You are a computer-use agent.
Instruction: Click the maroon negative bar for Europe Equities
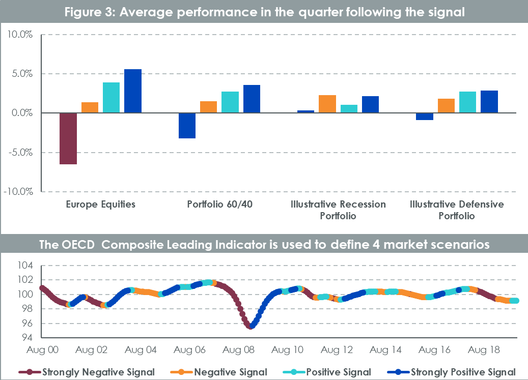pos(68,138)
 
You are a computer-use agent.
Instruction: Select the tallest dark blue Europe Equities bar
pos(133,91)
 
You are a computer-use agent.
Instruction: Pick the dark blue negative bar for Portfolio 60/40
pos(187,125)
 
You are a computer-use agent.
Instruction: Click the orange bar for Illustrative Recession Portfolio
pos(327,104)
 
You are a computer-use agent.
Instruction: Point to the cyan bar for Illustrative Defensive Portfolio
pos(467,102)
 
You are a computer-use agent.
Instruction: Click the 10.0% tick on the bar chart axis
pos(20,35)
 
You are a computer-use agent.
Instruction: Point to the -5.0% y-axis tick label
pos(19,152)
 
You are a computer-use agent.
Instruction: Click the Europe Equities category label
pos(100,204)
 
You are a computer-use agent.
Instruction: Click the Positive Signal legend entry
pos(338,372)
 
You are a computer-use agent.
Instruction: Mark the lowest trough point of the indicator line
pos(251,327)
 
